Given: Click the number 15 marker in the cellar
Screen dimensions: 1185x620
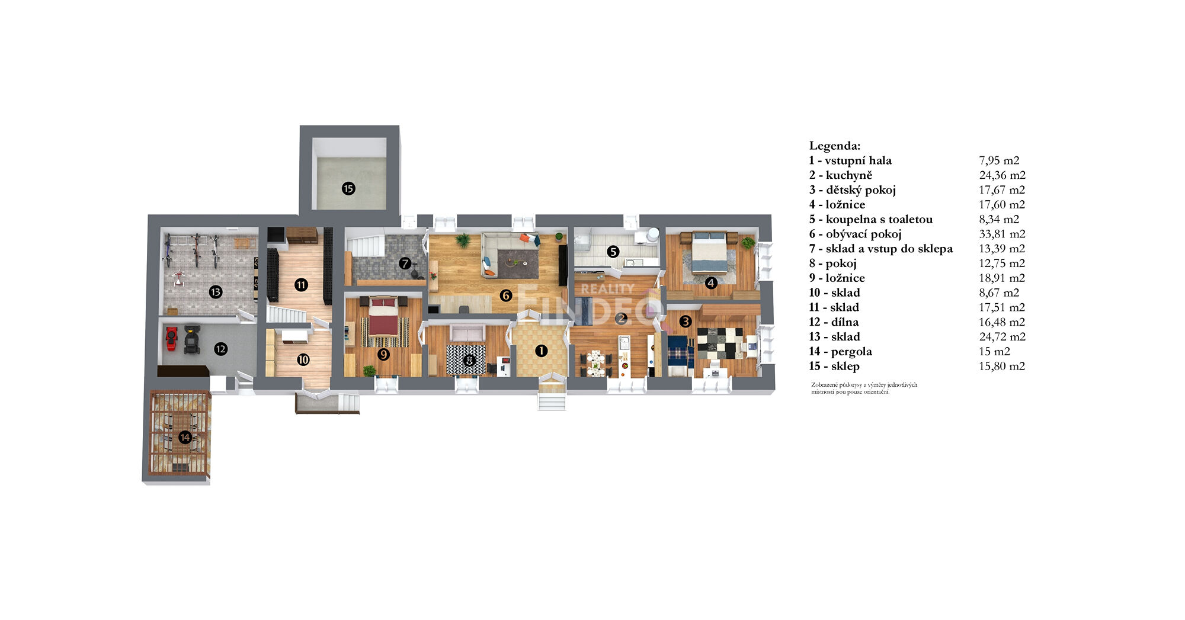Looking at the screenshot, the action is pos(348,189).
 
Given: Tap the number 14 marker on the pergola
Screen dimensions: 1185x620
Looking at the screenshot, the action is pos(185,438).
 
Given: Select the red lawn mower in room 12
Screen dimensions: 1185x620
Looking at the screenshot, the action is pos(171,338).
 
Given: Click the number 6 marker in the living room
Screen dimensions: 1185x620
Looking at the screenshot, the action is pos(505,295).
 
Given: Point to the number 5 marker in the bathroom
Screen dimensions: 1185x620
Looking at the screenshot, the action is pos(613,252).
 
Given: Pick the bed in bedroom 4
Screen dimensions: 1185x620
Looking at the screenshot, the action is pos(709,253).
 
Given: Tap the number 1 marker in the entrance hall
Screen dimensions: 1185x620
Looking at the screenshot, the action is pos(541,351).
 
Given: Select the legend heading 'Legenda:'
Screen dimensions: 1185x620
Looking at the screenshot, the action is pos(835,146).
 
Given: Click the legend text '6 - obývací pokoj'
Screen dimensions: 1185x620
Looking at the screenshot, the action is pos(855,234).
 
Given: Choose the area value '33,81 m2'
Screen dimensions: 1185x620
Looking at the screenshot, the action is pos(1002,234).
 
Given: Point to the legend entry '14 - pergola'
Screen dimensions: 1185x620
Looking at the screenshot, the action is pos(840,352).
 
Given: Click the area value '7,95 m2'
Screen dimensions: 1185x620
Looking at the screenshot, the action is pos(999,160).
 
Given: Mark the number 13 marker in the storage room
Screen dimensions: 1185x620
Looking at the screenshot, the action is pos(216,292).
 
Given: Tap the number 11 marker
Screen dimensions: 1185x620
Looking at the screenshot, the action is pos(301,285).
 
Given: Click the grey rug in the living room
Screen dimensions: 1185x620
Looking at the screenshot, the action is pos(518,264).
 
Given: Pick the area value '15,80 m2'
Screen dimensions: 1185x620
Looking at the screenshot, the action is pos(1002,366).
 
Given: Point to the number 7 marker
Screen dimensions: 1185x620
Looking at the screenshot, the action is pos(405,263).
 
